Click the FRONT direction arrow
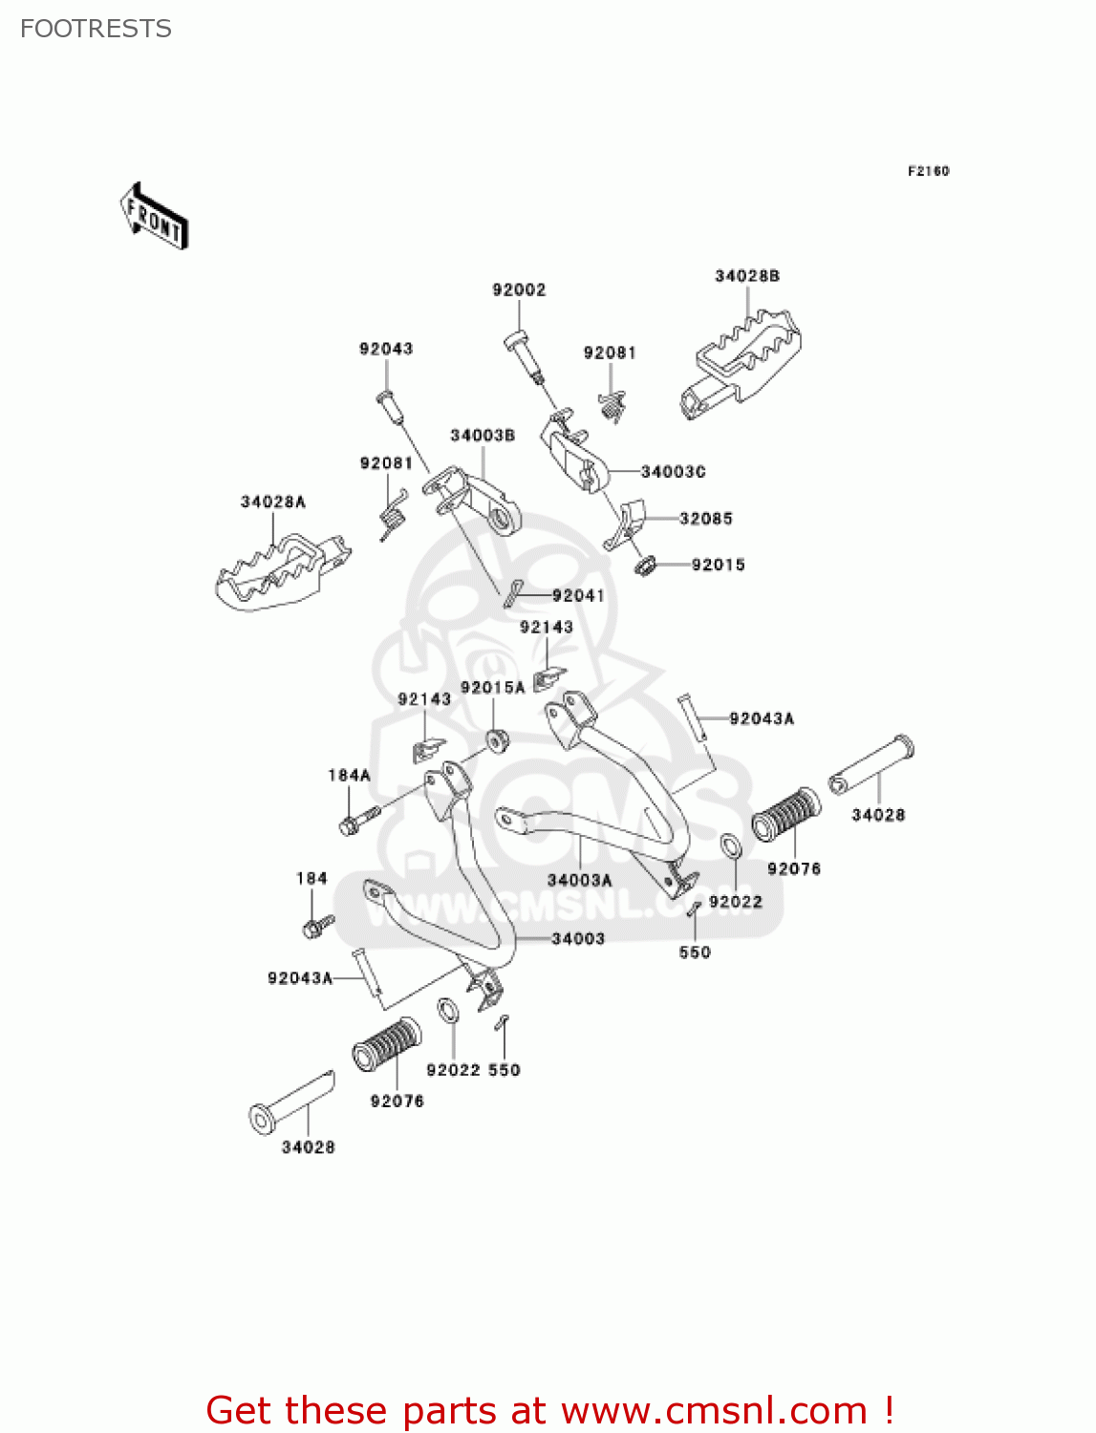pos(154,217)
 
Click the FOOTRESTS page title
pos(96,29)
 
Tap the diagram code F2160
pos(928,171)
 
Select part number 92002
pos(519,289)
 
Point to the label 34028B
pos(747,276)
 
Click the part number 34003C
pos(673,472)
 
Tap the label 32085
pos(705,519)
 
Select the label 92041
pos(578,596)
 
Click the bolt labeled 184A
pos(358,820)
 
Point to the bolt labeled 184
pos(316,926)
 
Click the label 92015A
pos(492,688)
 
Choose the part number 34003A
pos(579,880)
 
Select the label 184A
pos(349,776)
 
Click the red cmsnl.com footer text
pos(549,1410)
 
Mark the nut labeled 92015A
pos(495,739)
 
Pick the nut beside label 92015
pos(646,567)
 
